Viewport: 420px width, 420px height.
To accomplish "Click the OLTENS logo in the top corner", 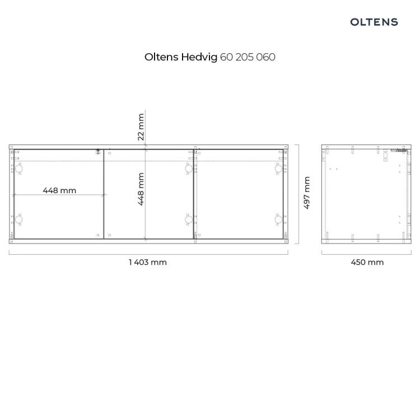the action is (374, 22).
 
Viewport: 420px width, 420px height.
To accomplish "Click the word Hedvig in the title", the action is (199, 57).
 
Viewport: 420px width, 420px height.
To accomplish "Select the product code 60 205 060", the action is (248, 57).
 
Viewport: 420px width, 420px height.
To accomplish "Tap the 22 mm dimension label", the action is (141, 127).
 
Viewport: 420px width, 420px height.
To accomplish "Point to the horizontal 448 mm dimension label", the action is (59, 190).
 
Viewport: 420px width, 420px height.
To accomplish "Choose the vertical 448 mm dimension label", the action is (141, 189).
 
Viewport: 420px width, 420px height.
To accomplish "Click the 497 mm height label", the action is (307, 193).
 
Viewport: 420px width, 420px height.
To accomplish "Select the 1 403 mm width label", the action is (148, 262).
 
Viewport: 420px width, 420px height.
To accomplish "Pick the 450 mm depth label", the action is (367, 262).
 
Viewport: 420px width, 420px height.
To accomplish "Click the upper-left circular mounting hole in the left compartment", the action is (18, 169).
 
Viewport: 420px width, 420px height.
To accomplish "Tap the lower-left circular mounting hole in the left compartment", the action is (18, 220).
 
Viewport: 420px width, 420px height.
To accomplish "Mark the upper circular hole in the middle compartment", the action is (189, 169).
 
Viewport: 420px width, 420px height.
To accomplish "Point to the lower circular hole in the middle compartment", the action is (189, 220).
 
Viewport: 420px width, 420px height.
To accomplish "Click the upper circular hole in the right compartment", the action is (278, 169).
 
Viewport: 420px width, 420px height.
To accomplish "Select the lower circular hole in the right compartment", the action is (278, 220).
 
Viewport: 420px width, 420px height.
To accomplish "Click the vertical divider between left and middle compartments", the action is (104, 194).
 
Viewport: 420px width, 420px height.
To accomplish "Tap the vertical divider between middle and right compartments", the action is (193, 194).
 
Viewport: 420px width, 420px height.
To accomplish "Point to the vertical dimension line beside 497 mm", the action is (298, 194).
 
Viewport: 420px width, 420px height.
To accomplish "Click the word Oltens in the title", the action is (161, 57).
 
